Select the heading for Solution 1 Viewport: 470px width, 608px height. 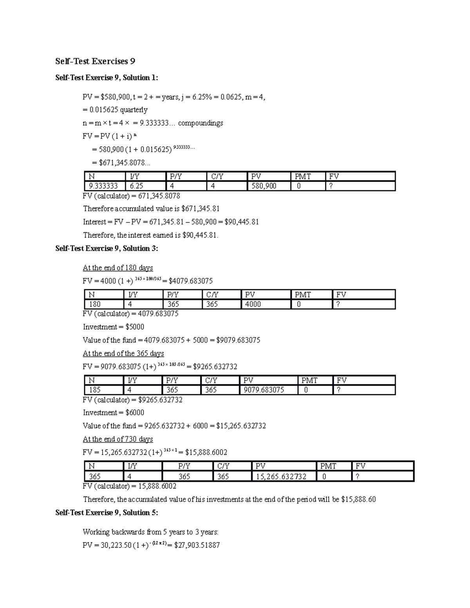pyautogui.click(x=107, y=78)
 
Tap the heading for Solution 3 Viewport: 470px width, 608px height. pyautogui.click(x=107, y=248)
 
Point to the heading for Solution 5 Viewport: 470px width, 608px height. pyautogui.click(x=107, y=512)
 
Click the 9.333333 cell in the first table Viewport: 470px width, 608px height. pyautogui.click(x=103, y=186)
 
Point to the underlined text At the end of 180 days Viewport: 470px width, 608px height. pyautogui.click(x=117, y=268)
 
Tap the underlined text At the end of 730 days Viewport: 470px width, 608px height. pyautogui.click(x=117, y=439)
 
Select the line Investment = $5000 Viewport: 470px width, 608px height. pyautogui.click(x=113, y=327)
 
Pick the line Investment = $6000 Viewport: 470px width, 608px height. pyautogui.click(x=113, y=412)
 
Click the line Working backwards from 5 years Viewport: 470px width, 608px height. pyautogui.click(x=150, y=532)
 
